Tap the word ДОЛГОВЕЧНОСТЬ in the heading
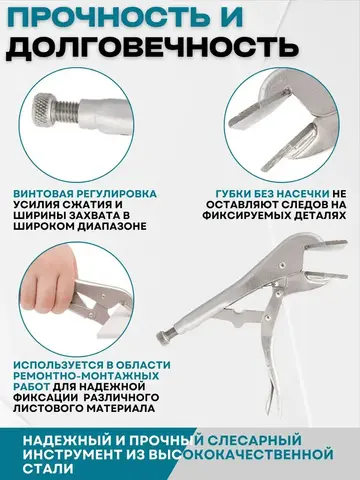pyautogui.click(x=152, y=47)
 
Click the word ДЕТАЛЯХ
pyautogui.click(x=320, y=215)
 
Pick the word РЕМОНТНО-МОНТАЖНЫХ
pyautogui.click(x=86, y=376)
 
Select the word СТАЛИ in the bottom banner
pyautogui.click(x=48, y=469)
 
